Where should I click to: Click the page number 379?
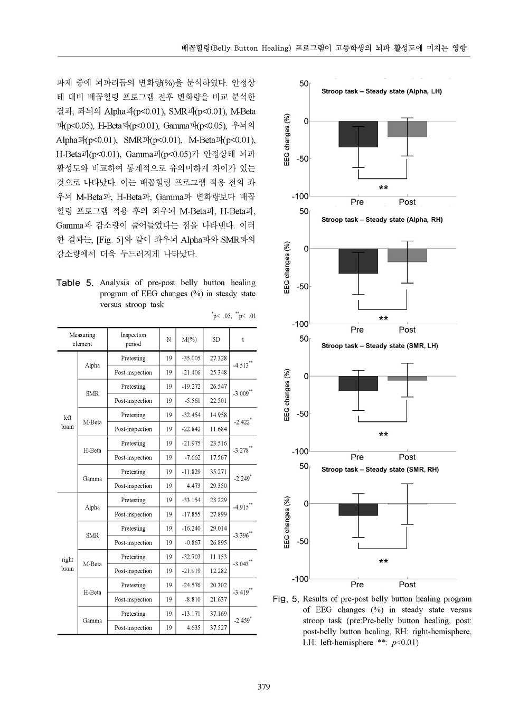[x=263, y=687]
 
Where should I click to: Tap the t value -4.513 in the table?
[x=242, y=365]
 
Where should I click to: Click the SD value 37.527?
[x=216, y=628]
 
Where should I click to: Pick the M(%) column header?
[x=189, y=340]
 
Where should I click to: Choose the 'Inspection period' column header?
[x=133, y=340]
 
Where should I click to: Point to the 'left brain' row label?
[x=67, y=422]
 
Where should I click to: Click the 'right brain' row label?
[x=67, y=564]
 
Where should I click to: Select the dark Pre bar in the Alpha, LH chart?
[x=359, y=134]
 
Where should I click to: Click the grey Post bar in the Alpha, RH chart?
[x=407, y=256]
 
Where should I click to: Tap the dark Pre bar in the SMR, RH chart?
[x=359, y=510]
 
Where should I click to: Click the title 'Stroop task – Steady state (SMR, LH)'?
[x=380, y=346]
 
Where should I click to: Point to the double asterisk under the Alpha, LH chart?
[x=383, y=188]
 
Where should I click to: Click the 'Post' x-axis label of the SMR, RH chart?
[x=407, y=585]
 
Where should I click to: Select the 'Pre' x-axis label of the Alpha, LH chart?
[x=357, y=202]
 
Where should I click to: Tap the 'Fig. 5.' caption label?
[x=286, y=599]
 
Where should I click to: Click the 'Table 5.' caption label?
[x=75, y=283]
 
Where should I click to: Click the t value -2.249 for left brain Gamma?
[x=242, y=479]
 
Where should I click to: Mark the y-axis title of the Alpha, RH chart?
[x=287, y=267]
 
